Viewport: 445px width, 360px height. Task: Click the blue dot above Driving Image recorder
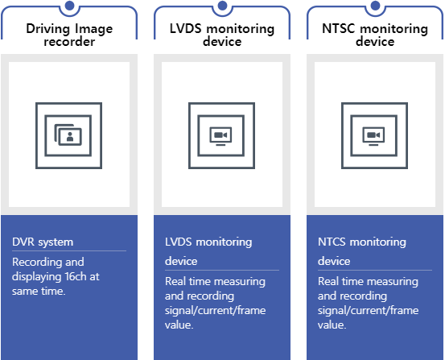point(69,5)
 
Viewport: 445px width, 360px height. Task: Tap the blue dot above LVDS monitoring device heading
point(222,5)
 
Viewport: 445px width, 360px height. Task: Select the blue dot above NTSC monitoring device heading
point(376,5)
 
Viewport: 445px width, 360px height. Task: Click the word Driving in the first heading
point(48,29)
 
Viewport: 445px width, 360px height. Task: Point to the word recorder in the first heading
point(69,42)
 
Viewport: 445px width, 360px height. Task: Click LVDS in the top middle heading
point(186,29)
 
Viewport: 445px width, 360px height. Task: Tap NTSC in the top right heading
point(339,29)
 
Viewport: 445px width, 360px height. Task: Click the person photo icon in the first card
point(68,135)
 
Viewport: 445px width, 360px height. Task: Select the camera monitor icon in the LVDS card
point(220,136)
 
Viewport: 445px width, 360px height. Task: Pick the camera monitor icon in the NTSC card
point(373,136)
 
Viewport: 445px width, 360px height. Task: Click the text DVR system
point(43,242)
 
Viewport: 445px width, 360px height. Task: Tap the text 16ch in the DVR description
point(76,276)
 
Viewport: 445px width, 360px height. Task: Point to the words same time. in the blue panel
point(39,292)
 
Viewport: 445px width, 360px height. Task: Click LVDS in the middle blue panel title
point(178,242)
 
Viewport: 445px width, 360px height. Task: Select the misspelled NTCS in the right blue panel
point(332,242)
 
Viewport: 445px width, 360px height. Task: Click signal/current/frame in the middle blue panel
point(216,311)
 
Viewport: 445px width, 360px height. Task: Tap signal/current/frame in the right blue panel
point(368,311)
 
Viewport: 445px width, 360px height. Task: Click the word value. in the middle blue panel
point(179,325)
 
